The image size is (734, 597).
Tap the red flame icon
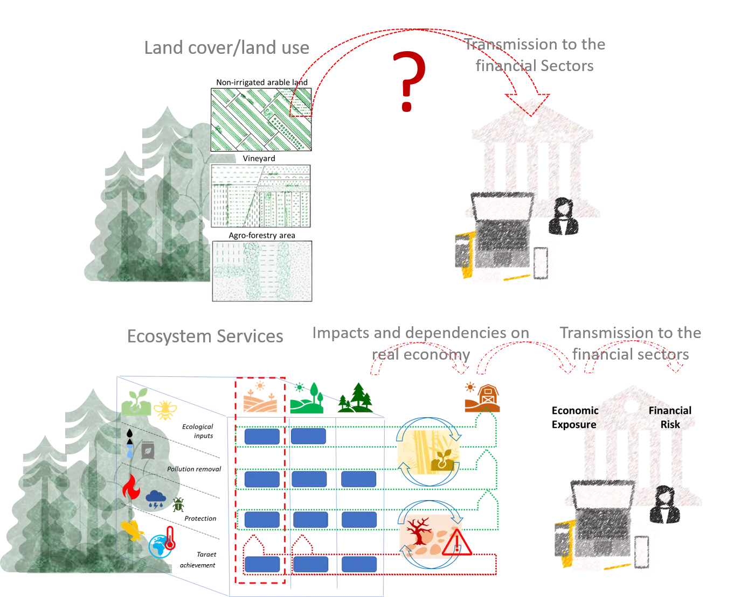tap(130, 487)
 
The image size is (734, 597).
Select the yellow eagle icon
tap(133, 530)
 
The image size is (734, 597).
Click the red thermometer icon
tap(171, 538)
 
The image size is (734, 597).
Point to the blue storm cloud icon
tap(156, 498)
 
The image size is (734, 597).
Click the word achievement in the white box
tap(197, 565)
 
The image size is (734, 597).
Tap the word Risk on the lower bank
tap(670, 424)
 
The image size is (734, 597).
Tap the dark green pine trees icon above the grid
tap(356, 398)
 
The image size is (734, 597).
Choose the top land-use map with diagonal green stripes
tap(261, 120)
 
